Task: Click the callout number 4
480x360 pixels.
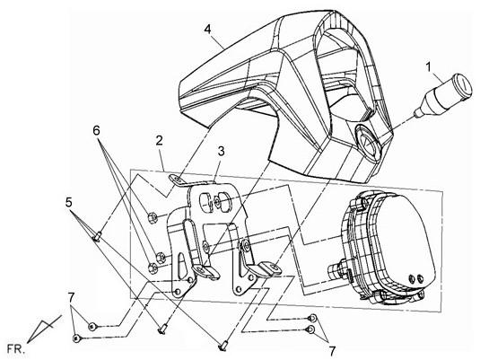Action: (207, 30)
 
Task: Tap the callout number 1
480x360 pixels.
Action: (429, 67)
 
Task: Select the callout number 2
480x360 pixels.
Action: (159, 141)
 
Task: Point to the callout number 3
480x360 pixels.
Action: (221, 151)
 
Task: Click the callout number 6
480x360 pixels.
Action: (96, 130)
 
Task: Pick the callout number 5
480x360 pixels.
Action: (69, 202)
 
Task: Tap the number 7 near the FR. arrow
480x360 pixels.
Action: (71, 298)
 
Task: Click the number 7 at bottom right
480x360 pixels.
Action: (332, 351)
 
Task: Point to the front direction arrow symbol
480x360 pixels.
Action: (44, 329)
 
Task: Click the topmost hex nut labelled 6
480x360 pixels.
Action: (153, 218)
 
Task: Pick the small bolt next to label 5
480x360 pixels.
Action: (97, 236)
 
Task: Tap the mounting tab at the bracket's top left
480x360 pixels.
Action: (177, 180)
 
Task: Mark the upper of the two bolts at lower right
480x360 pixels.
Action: (312, 318)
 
